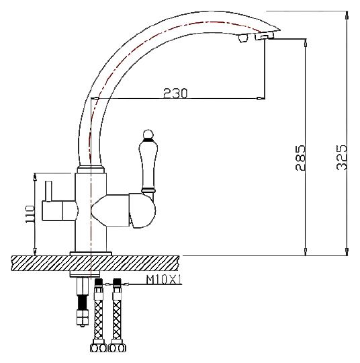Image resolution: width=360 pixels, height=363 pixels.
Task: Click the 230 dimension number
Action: point(175,93)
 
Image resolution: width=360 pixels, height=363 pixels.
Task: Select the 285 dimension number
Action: point(300,158)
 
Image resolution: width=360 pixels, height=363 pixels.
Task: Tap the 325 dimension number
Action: point(341,157)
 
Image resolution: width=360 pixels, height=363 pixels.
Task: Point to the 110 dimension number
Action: point(30,214)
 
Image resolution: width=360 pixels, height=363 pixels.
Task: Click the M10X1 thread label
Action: point(164,280)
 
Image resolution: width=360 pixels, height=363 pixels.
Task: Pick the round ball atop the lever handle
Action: point(148,134)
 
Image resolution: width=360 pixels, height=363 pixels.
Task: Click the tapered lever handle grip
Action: point(148,165)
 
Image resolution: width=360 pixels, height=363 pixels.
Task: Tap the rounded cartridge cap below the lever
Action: point(142,210)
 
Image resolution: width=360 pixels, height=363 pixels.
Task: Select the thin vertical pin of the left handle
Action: point(48,191)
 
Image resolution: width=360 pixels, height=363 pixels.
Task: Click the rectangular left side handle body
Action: point(59,210)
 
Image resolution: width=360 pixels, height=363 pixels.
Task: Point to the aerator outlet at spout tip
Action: point(265,36)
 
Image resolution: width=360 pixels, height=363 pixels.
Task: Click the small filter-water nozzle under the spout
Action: point(242,38)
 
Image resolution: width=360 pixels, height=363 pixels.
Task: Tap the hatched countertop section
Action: point(95,264)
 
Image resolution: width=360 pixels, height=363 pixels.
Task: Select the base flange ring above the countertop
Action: point(91,253)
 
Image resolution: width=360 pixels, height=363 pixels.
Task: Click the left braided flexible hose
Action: point(99,319)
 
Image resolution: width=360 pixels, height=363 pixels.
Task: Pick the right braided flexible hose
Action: point(117,319)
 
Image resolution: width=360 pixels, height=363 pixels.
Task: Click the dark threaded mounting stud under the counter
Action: point(83,302)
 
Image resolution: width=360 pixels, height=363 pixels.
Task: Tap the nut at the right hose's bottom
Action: point(118,348)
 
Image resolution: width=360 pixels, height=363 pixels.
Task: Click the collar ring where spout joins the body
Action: point(91,169)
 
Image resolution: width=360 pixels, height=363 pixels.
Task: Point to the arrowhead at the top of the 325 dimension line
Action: point(347,15)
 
